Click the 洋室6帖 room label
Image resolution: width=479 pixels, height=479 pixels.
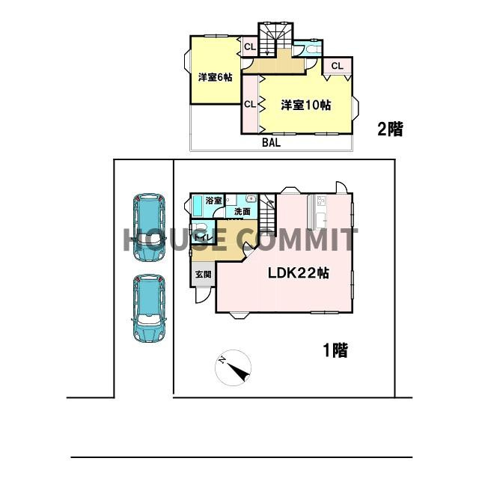pos(215,77)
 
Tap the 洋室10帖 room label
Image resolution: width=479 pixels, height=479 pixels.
pos(306,105)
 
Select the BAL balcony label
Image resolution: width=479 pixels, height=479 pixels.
pos(271,143)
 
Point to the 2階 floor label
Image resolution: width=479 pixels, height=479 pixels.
pos(389,129)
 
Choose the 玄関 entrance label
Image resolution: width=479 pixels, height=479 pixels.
pos(204,275)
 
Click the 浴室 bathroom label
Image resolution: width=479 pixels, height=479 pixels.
pos(213,201)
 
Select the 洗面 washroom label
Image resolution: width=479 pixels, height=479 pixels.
pos(242,212)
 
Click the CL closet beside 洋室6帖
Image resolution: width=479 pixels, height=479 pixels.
pos(250,47)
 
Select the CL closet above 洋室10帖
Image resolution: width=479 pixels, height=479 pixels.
pos(337,66)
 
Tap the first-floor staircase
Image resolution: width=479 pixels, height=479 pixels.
pos(269,218)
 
